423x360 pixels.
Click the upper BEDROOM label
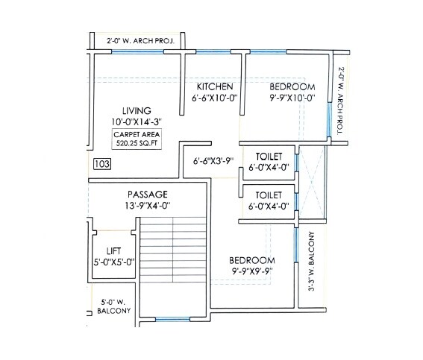292,86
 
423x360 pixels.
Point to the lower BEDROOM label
253,260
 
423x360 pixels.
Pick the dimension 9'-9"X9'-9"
253,271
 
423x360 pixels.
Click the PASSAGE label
147,194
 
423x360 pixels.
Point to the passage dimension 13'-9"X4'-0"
147,205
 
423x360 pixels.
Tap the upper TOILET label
268,157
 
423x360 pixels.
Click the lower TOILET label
268,195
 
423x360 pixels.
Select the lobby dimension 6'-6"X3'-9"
214,160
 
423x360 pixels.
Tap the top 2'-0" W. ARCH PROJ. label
140,42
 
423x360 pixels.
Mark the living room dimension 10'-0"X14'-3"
137,121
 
